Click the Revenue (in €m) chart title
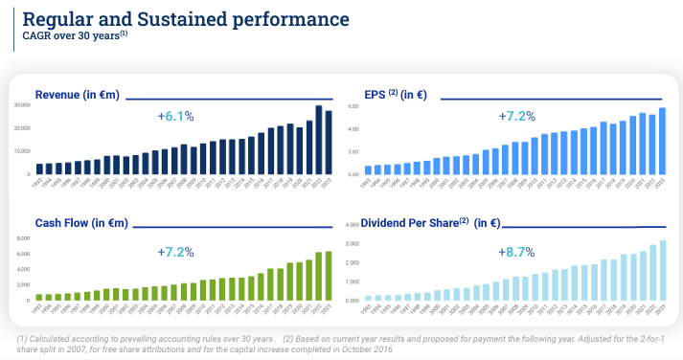pyautogui.click(x=77, y=94)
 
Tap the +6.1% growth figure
pyautogui.click(x=175, y=116)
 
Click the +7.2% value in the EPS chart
pyautogui.click(x=516, y=116)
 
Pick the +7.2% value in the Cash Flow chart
pyautogui.click(x=175, y=252)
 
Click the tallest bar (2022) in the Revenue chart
pyautogui.click(x=319, y=140)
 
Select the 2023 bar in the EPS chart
pyautogui.click(x=661, y=142)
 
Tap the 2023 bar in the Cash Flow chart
pyautogui.click(x=330, y=276)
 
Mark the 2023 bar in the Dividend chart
pyautogui.click(x=661, y=270)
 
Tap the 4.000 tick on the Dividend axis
pyautogui.click(x=352, y=226)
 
